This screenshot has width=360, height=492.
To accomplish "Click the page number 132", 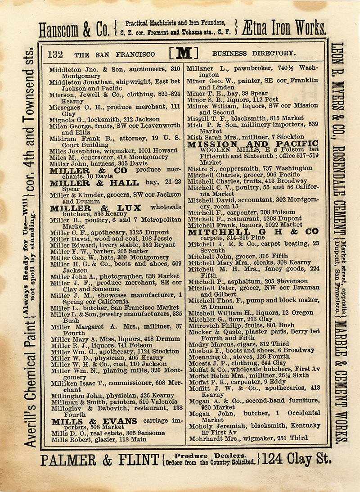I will (55, 54).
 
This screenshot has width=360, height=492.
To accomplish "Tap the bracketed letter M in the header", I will (184, 54).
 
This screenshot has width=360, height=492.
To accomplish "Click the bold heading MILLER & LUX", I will (96, 208).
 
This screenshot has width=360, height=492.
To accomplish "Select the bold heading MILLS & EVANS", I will (94, 421).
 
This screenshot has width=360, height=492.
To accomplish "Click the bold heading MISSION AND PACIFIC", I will (252, 144).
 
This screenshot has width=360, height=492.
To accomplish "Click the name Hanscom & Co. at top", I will (74, 30).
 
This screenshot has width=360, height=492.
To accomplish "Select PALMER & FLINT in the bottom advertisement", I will (99, 459).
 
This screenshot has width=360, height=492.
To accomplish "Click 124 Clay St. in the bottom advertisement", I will (296, 459).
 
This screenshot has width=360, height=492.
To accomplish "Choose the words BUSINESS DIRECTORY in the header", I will (254, 54).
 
